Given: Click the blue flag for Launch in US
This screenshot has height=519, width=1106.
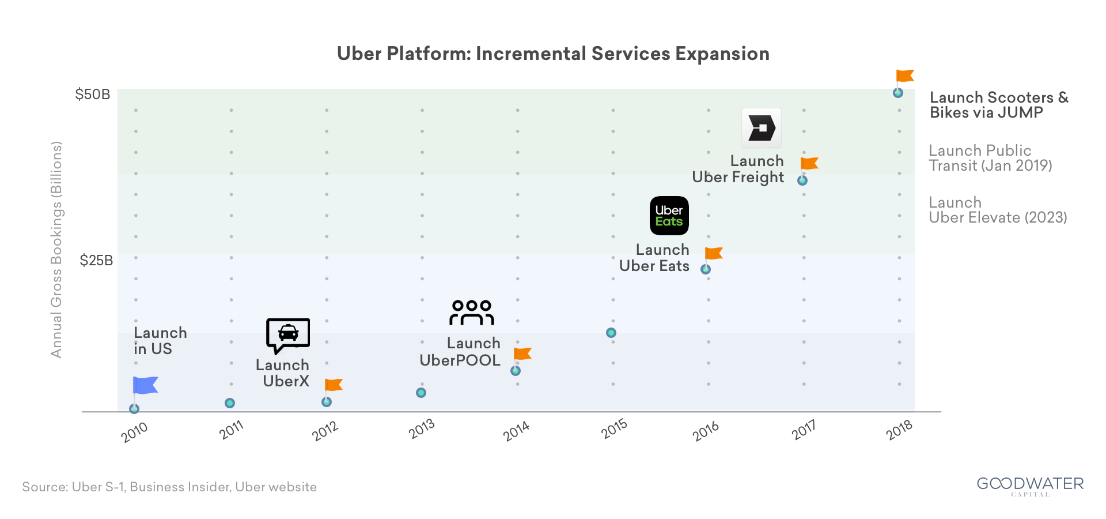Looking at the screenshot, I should (x=145, y=385).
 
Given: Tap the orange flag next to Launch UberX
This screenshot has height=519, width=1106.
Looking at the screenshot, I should (x=334, y=385).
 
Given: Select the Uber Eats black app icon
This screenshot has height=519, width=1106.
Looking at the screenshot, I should (x=669, y=216).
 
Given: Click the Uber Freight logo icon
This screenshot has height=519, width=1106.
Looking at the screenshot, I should (x=761, y=128).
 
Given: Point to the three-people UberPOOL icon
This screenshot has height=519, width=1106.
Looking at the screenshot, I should (x=472, y=313).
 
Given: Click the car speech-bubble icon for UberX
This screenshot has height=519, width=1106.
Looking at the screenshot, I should (x=287, y=335).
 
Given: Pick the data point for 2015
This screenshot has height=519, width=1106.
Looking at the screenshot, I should (x=611, y=333).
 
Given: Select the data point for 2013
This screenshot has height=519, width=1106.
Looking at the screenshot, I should (x=421, y=393).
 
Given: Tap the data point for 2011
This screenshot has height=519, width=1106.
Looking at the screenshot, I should (x=230, y=403).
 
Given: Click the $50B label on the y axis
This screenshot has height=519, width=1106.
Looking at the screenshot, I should (x=92, y=95).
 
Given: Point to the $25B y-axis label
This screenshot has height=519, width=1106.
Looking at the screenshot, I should (x=96, y=261).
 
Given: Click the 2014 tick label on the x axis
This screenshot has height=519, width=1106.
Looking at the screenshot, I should (x=516, y=431).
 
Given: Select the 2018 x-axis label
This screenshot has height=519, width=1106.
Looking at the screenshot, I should (x=899, y=430).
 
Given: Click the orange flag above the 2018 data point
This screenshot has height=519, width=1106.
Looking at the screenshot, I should (x=904, y=76).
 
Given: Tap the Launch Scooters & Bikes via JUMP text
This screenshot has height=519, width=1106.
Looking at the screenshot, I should (x=998, y=105).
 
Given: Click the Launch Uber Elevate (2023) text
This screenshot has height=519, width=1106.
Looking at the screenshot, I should (x=997, y=210).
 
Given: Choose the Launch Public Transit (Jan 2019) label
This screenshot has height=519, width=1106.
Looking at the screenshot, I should (x=990, y=158).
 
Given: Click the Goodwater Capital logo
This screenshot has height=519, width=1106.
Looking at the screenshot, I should (x=1030, y=486).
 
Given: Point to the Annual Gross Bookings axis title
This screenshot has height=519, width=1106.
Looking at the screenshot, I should (x=56, y=249).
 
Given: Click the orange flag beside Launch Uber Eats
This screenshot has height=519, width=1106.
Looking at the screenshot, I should (x=714, y=253).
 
